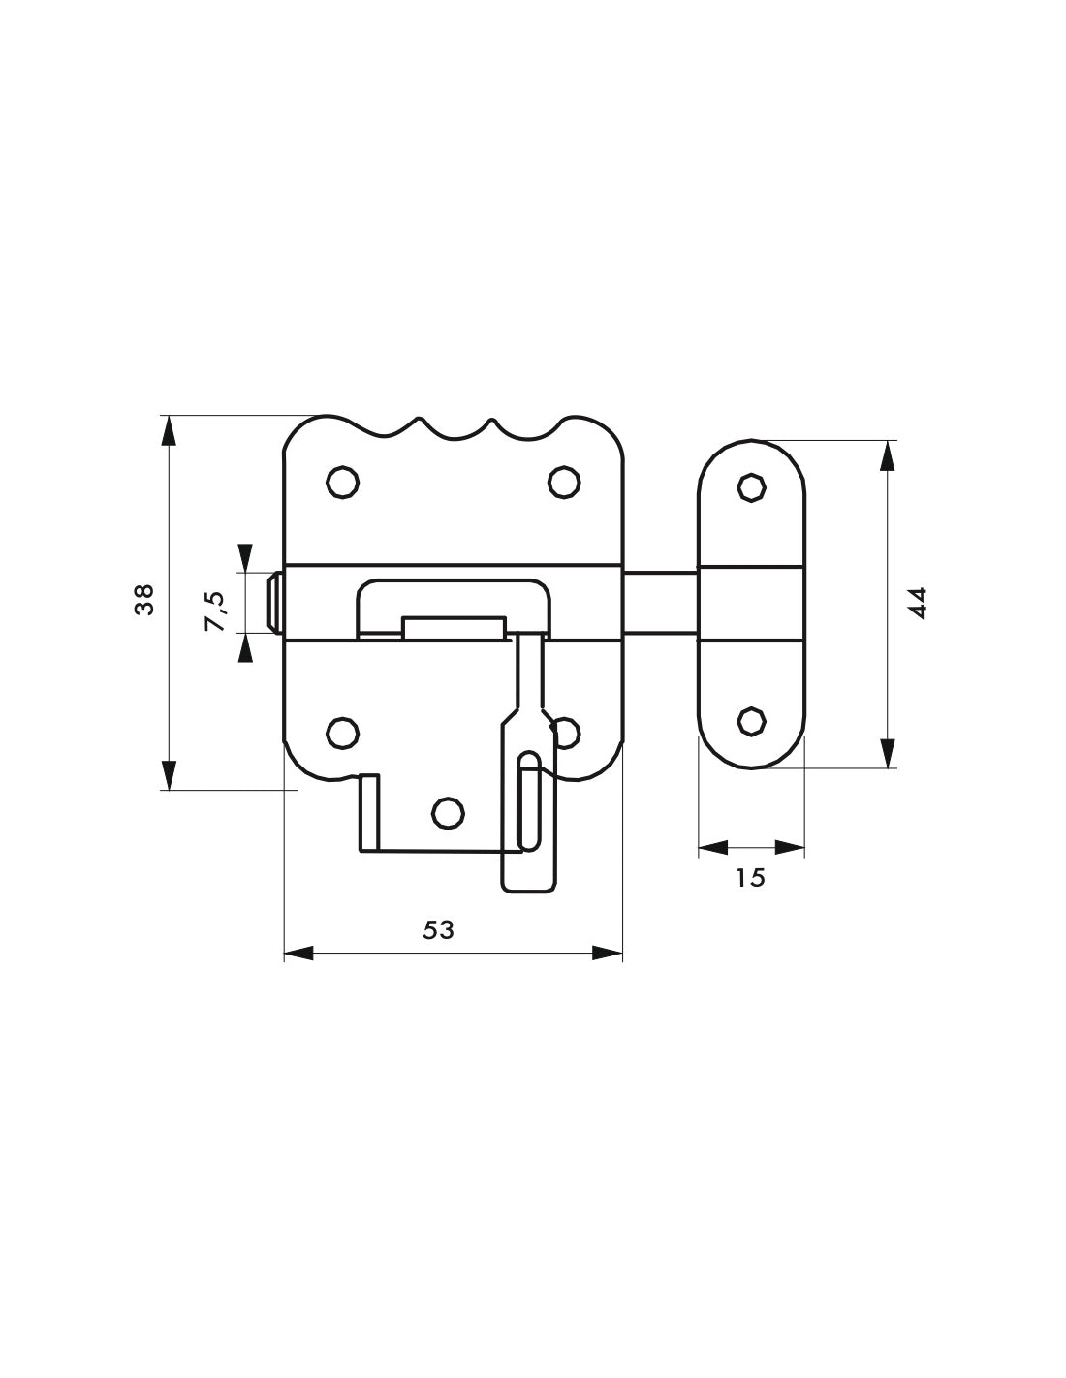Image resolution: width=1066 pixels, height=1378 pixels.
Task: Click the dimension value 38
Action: (144, 600)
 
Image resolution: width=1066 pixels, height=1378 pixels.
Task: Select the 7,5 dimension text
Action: (214, 611)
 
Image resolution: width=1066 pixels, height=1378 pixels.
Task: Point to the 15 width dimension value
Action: (750, 877)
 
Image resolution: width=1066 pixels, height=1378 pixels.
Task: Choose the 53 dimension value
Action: (438, 929)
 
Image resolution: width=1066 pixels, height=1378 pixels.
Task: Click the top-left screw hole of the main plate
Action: (340, 481)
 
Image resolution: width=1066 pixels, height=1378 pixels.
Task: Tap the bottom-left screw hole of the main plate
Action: (340, 733)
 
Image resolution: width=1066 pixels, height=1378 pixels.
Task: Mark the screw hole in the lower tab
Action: (446, 814)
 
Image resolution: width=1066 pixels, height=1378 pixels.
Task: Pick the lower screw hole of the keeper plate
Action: (750, 720)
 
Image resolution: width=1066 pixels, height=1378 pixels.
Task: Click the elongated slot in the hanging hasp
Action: (529, 799)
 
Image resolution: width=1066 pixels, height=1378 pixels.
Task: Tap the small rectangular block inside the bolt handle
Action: (453, 628)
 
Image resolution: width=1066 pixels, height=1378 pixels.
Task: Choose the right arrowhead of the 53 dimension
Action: (608, 955)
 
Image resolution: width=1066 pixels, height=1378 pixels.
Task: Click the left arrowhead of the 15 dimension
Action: (712, 848)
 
